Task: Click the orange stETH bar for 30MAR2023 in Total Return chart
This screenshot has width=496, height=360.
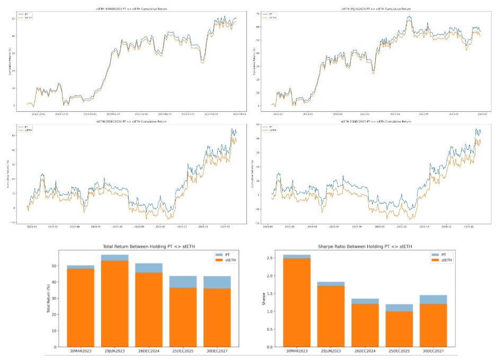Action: coord(81,308)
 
